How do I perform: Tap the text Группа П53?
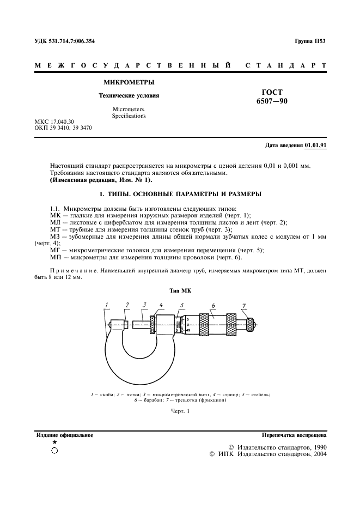point(309,41)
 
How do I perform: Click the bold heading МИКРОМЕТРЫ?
point(129,83)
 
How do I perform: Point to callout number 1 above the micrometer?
point(108,305)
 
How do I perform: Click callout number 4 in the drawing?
point(161,305)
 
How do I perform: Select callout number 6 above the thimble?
point(213,305)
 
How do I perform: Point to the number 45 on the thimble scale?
point(188,330)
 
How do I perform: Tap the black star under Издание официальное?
point(54,442)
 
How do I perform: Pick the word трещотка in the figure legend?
point(187,400)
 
